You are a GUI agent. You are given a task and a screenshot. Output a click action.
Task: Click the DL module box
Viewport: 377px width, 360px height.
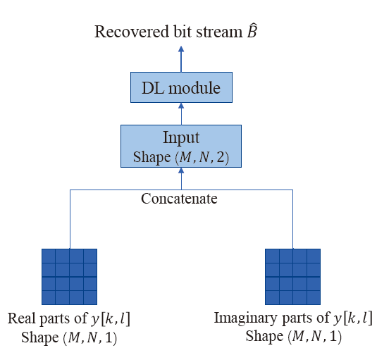(181, 87)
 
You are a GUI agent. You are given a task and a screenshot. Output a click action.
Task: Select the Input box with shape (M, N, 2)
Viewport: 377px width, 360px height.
(181, 146)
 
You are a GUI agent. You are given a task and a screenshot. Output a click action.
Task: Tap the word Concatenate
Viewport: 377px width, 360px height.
(179, 199)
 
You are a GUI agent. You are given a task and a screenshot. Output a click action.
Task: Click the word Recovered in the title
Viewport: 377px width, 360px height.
(132, 32)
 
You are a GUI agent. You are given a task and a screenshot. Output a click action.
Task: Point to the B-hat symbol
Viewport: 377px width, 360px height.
(252, 30)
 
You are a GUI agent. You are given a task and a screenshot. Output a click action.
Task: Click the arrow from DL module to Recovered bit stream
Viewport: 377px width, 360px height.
(181, 59)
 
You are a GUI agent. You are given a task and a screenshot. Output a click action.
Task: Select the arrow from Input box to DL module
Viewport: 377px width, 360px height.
(181, 113)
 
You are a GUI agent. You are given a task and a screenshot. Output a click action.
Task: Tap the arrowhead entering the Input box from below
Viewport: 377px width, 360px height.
(181, 170)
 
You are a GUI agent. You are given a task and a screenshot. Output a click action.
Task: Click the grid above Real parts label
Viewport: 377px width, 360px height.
(70, 277)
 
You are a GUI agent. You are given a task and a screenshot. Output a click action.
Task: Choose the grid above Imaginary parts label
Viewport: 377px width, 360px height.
(292, 277)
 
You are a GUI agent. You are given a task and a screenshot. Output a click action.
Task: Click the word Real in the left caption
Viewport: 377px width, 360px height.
(23, 318)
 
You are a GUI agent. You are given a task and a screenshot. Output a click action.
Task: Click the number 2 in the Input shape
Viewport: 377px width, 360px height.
(221, 157)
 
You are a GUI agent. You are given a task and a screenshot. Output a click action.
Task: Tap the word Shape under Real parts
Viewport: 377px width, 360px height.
(40, 337)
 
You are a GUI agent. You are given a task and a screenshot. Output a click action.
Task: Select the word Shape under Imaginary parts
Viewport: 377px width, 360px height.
(264, 336)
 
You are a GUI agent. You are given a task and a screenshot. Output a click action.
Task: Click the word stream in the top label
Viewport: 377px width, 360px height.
(220, 32)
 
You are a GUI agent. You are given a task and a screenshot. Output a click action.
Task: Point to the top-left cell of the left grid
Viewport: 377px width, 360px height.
(49, 256)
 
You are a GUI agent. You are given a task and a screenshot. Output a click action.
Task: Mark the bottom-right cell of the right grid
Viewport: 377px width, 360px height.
(314, 297)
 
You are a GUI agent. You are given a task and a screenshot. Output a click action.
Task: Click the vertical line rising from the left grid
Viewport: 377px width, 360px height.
(70, 219)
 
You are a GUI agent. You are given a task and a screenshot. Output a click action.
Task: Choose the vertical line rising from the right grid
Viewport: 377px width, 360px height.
(293, 219)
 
